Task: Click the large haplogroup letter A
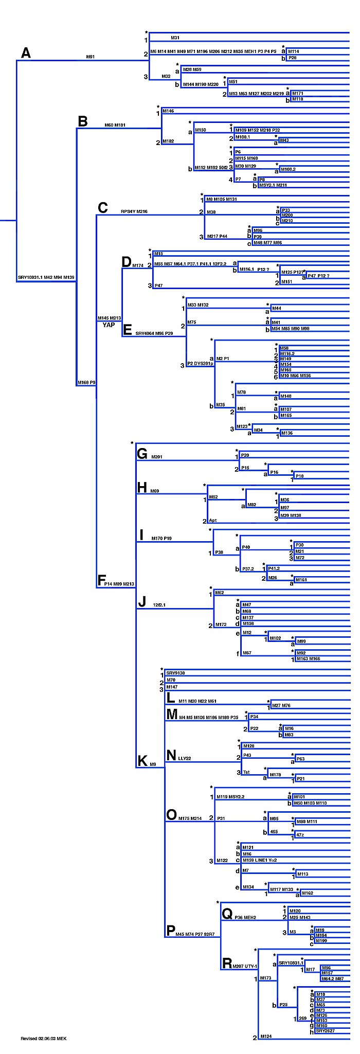pos(26,52)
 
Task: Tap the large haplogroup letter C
pos(103,207)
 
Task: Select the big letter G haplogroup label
pos(142,454)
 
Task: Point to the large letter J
pos(142,602)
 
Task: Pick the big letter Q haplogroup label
pos(227,914)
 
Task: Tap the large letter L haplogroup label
pos(171,698)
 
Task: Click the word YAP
pos(109,325)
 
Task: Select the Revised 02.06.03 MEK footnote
pos(44,1038)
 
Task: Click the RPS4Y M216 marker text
pos(134,211)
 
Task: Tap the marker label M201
pos(157,457)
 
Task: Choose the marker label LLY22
pos(185,758)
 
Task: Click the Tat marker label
pos(246,772)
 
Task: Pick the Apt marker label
pos(213,520)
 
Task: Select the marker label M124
pos(266,1036)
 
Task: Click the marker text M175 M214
pos(190,818)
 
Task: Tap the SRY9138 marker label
pos(175,673)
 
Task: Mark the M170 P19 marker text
pos(161,539)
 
